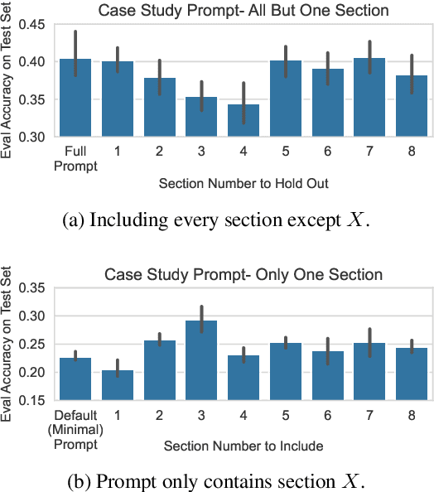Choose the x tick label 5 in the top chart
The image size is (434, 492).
click(x=285, y=152)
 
